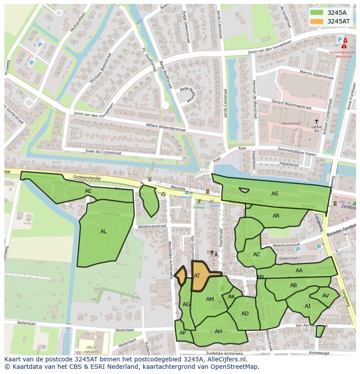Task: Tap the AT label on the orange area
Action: tap(197, 276)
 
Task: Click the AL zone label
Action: tap(103, 232)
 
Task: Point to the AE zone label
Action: tap(88, 191)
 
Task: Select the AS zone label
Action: tap(275, 194)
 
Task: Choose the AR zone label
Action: tap(276, 216)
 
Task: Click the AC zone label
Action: tap(257, 255)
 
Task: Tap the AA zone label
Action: tap(299, 271)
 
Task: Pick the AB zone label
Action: tap(293, 285)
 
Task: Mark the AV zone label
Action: tap(326, 296)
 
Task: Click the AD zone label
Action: tap(245, 314)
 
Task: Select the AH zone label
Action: tap(218, 331)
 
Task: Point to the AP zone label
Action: tap(183, 333)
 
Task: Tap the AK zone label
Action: tap(232, 297)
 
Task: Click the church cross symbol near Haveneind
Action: tap(317, 121)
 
